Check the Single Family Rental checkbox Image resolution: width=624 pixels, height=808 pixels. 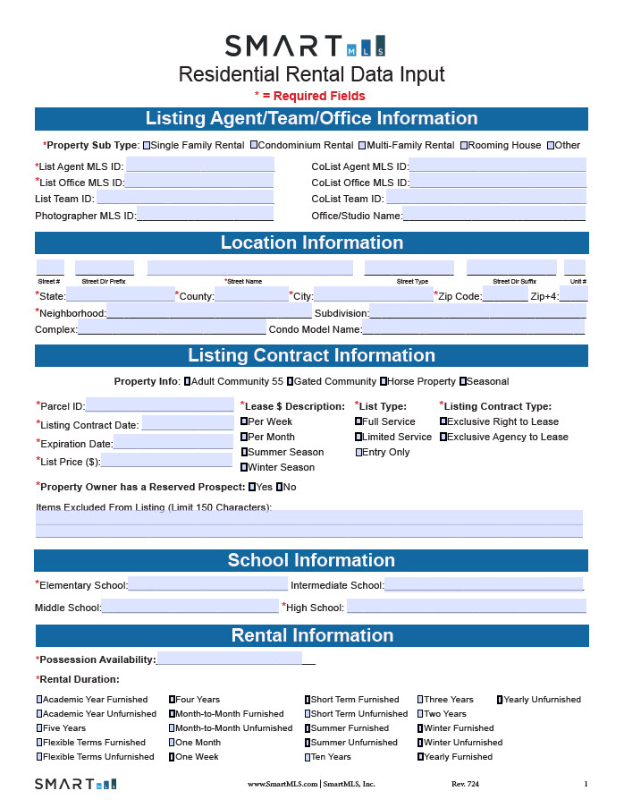coord(148,145)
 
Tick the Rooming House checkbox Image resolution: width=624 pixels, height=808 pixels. coord(464,145)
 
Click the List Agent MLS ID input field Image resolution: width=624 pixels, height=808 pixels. coord(200,166)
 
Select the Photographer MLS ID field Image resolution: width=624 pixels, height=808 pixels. coord(205,215)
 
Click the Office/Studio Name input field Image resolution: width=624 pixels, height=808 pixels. coord(493,215)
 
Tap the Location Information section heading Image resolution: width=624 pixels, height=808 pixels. coord(311,242)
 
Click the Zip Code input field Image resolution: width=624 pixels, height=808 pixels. coord(505,296)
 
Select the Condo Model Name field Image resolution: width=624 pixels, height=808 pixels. coord(474,329)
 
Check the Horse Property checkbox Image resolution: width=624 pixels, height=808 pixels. coord(384,381)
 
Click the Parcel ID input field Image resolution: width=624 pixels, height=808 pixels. coord(159,406)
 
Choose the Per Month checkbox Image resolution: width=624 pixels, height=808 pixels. coord(244,437)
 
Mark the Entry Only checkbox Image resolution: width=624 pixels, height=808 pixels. coord(358,452)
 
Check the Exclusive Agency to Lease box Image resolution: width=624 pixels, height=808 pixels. coord(443,437)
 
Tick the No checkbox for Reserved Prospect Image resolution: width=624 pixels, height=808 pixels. coord(280,487)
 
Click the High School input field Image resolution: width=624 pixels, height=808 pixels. coord(466,608)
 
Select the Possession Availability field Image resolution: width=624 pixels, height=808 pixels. coord(230,659)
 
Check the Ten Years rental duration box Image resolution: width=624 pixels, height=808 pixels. coord(307,757)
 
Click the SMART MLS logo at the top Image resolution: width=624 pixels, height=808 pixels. coord(305,46)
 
